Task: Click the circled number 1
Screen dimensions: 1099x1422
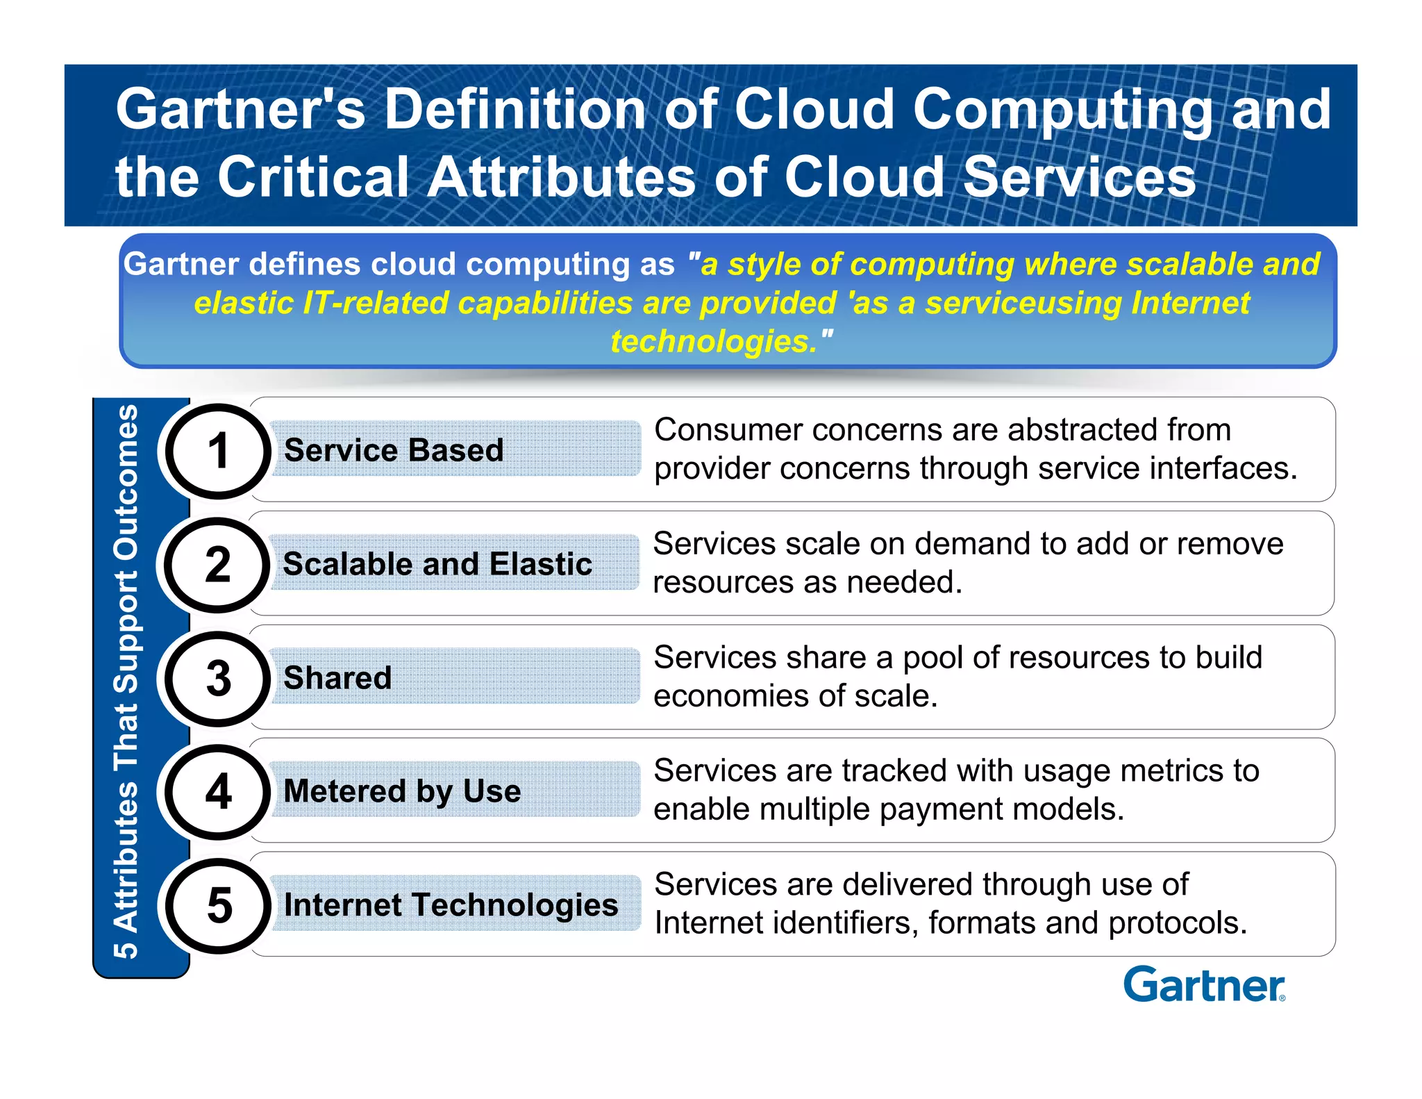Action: (x=218, y=452)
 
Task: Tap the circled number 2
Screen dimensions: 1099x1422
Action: (x=218, y=565)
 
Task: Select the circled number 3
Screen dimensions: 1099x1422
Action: (x=218, y=679)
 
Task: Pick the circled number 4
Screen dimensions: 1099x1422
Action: (x=218, y=792)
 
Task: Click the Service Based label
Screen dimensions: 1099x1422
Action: (x=394, y=450)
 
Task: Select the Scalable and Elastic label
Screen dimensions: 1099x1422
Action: (x=437, y=563)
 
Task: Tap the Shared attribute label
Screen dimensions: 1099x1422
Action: (x=337, y=677)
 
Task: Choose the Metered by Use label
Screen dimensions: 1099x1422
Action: (x=402, y=791)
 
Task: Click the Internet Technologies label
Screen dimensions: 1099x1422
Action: (x=451, y=904)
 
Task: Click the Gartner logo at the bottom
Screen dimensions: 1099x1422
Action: (x=1204, y=985)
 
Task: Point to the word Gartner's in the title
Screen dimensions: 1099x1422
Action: (x=240, y=110)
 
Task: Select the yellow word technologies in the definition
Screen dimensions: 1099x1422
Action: (x=714, y=341)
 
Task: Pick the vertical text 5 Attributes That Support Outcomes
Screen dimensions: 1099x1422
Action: (x=126, y=681)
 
